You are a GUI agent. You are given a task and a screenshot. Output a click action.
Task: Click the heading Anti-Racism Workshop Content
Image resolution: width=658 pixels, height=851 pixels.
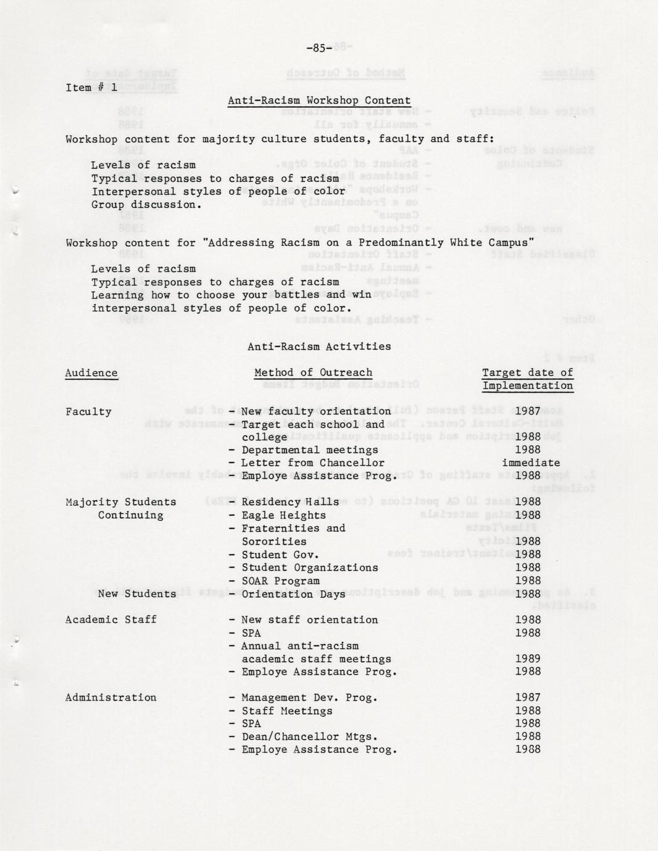point(319,101)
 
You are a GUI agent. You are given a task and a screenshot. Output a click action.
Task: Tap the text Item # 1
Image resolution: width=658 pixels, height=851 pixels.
point(91,88)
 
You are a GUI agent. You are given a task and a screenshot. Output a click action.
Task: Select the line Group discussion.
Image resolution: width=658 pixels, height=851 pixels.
point(146,205)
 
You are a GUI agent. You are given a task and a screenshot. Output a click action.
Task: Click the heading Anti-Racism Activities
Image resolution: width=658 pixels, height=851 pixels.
point(319,347)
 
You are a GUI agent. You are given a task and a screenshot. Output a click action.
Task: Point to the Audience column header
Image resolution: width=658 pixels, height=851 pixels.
point(91,373)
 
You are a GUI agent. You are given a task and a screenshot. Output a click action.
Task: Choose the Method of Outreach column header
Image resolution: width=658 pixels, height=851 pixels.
point(314,372)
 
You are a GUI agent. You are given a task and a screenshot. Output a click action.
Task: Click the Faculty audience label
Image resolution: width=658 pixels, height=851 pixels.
point(88,412)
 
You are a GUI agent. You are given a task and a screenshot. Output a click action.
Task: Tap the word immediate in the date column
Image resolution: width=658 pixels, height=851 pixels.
point(531,462)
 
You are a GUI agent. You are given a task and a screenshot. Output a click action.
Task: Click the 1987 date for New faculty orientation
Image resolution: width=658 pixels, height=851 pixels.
point(528,411)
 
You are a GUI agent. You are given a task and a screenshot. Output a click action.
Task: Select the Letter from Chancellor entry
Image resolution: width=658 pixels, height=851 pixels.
point(312,463)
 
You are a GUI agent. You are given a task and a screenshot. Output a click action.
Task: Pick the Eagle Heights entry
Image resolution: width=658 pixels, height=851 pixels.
point(283,516)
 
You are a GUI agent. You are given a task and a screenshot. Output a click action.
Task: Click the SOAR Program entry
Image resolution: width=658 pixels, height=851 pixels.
point(280,581)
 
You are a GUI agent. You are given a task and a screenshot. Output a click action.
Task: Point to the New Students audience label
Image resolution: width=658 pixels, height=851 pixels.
point(136,594)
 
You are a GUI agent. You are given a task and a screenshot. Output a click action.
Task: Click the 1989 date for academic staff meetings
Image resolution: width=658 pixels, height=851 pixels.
point(528,659)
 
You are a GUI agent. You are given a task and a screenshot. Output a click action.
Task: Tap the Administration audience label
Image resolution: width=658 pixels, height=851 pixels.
point(110,697)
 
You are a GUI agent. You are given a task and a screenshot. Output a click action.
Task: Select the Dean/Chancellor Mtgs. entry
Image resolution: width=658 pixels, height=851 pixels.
point(309,737)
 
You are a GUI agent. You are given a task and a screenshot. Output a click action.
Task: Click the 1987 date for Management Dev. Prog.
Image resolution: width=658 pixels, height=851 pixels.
point(528,698)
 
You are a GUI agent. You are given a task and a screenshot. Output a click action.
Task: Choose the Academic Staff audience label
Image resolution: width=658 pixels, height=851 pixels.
point(110,620)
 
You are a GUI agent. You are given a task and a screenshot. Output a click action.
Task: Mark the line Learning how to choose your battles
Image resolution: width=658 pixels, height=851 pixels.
point(231,295)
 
